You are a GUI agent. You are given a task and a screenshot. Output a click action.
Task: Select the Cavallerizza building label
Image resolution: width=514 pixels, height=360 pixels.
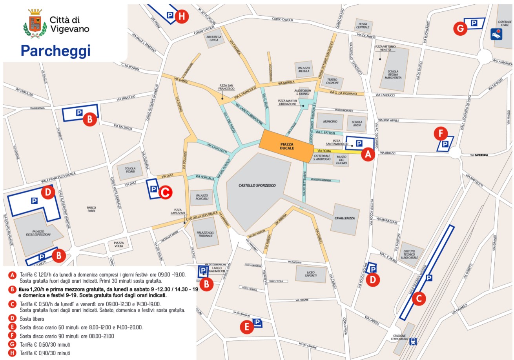(344, 218)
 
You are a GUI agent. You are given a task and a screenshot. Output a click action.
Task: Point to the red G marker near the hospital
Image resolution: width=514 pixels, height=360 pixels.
(460, 28)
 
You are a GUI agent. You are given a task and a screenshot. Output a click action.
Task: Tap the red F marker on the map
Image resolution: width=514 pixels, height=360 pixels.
(441, 134)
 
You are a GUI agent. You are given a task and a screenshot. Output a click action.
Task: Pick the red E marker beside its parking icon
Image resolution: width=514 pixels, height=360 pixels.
(246, 327)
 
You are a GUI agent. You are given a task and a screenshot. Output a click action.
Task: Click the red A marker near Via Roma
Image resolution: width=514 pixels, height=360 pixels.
(368, 155)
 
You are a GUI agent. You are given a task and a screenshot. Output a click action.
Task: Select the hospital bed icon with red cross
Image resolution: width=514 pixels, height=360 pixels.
(496, 34)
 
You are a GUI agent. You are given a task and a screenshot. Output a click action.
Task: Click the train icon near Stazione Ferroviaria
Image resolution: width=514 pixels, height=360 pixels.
(412, 342)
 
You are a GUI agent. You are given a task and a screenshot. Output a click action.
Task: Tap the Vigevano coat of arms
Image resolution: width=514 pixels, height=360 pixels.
(36, 23)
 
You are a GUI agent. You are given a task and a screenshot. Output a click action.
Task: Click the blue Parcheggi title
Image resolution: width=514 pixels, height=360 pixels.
(55, 51)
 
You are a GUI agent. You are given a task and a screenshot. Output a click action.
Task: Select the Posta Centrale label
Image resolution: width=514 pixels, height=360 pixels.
(363, 25)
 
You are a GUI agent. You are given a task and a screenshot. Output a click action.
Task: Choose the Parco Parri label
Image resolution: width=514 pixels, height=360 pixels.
(92, 209)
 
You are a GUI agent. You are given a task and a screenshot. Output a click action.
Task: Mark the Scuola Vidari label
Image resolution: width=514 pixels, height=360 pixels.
(130, 170)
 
